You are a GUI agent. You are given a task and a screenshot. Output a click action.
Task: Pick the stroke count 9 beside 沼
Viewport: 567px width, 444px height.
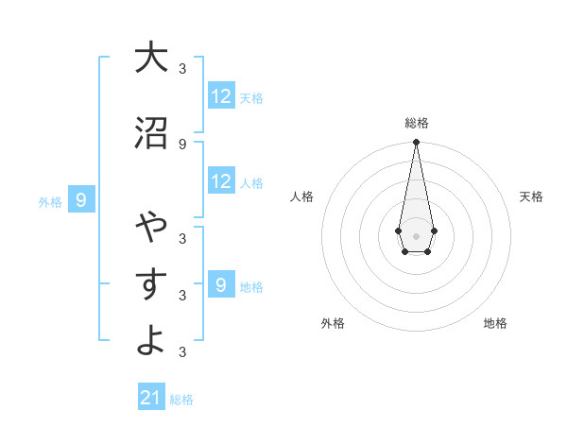pos(182,144)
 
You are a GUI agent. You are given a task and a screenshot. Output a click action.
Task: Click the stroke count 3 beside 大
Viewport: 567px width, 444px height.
pos(182,67)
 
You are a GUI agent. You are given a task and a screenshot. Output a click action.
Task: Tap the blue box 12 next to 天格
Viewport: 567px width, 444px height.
pos(221,96)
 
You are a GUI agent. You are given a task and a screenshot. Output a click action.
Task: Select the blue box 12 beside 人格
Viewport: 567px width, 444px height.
pos(221,182)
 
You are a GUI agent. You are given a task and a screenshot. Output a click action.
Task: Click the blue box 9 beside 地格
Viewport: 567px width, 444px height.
pos(221,285)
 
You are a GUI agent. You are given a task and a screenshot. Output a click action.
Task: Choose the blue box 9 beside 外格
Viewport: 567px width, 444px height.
pos(82,200)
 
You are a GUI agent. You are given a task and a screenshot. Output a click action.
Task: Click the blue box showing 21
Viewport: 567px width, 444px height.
pos(151,398)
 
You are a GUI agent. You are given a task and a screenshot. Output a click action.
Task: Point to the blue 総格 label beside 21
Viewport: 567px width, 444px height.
pos(181,400)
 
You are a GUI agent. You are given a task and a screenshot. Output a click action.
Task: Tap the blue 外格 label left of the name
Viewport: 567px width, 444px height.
pos(50,201)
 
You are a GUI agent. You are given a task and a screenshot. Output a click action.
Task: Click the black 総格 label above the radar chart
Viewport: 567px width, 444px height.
pos(417,123)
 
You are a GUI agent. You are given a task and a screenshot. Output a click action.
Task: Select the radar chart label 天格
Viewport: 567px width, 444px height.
pos(531,196)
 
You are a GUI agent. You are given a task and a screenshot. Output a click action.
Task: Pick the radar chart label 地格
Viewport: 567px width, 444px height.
pos(495,323)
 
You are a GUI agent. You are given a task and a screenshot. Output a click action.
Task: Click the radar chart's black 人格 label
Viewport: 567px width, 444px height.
pos(301,196)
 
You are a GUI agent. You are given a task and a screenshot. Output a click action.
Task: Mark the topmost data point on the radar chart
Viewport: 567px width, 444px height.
pos(416,142)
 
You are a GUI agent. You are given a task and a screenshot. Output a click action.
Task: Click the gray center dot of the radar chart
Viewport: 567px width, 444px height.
pos(416,235)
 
